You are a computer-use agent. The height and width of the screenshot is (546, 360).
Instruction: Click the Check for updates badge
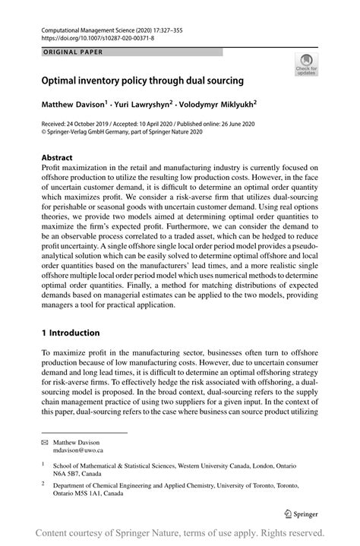(307, 64)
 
